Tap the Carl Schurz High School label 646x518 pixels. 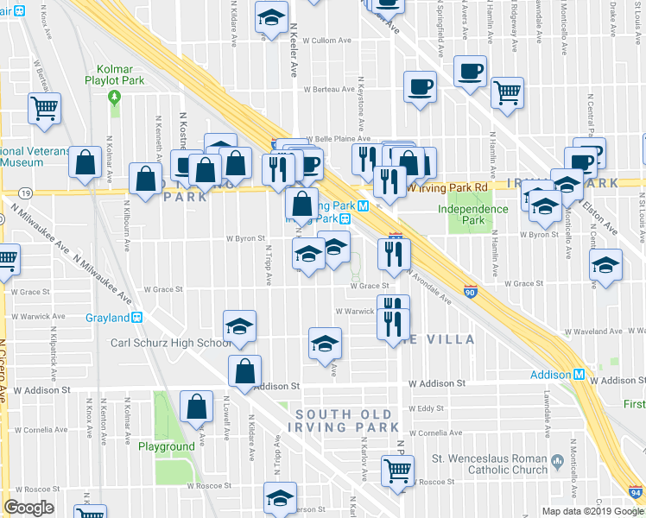[x=171, y=343]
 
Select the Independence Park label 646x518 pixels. [x=472, y=214]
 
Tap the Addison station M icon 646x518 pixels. [x=579, y=375]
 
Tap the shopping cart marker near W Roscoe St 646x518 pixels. [x=397, y=471]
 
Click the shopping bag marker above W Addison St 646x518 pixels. [x=244, y=370]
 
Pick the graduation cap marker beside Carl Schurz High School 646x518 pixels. [x=239, y=325]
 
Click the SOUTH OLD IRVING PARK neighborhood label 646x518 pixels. [x=346, y=420]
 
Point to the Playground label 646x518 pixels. [x=167, y=446]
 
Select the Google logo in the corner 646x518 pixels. [x=28, y=508]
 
